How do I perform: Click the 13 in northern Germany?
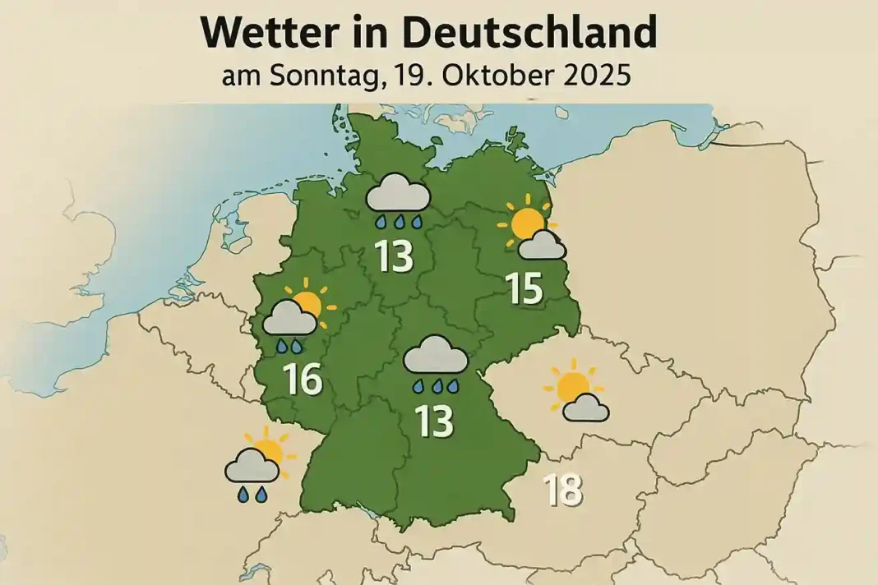(x=393, y=257)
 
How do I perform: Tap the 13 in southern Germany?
(x=435, y=421)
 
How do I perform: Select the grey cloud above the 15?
(x=543, y=245)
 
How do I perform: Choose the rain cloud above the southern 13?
(x=437, y=356)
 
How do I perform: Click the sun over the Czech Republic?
(x=571, y=385)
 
